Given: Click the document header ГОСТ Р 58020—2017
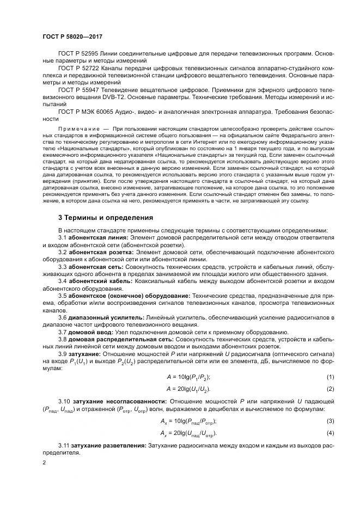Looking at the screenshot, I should tap(73, 36).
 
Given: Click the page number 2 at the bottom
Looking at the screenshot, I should tap(44, 463).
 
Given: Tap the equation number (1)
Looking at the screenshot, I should tap(330, 377).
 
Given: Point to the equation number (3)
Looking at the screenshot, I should tap(330, 421).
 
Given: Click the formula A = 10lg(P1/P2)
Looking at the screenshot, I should tap(188, 377).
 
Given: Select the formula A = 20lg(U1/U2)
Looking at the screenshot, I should tap(188, 389).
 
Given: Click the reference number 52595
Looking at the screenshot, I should tap(92, 54).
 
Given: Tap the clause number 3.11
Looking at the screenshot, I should tap(64, 446).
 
